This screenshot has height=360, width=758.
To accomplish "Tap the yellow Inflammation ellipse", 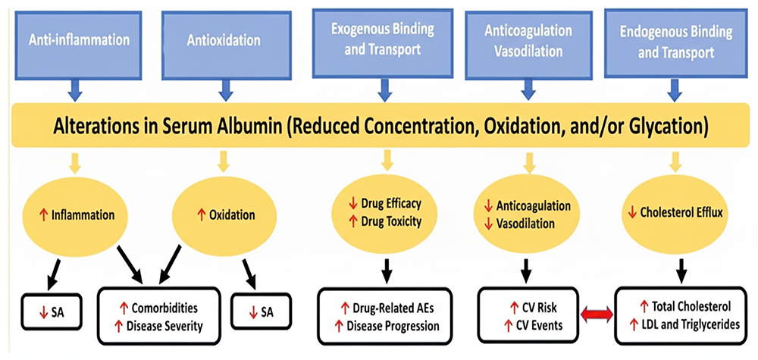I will coord(74,215).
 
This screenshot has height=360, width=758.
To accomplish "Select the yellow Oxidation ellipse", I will coord(224,215).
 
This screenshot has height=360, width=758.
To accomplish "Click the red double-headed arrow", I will coord(595,315).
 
